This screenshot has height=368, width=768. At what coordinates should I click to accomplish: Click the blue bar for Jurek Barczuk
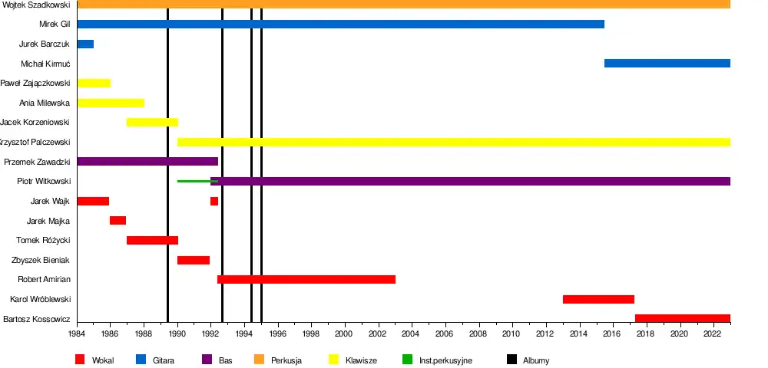point(85,44)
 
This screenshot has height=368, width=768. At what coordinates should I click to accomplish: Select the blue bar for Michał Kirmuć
point(667,63)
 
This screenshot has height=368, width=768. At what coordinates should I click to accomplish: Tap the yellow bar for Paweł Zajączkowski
point(94,83)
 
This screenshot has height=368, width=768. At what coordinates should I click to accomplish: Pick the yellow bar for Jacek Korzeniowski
point(152,122)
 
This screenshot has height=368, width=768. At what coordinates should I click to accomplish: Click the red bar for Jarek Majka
point(118,221)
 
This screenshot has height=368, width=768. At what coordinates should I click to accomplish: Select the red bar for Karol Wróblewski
point(598,299)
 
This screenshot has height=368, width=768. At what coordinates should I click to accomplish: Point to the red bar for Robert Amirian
point(306,279)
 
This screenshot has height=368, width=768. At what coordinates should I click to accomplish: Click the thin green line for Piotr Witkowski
point(194,181)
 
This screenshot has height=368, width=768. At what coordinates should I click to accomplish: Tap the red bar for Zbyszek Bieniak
point(194,260)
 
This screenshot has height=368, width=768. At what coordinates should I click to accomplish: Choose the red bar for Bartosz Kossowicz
point(682,318)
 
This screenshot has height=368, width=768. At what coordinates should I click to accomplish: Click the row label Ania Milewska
point(45,103)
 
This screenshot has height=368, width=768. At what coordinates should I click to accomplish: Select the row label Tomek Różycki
point(43,240)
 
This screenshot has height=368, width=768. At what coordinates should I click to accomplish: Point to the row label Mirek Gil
point(55,24)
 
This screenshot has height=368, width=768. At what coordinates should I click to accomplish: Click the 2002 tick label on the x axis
point(377,334)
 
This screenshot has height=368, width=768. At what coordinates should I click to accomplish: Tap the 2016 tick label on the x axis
point(612,334)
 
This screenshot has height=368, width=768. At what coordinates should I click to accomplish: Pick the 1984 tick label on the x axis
point(77,334)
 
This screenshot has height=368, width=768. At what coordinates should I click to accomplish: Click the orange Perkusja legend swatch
point(259,360)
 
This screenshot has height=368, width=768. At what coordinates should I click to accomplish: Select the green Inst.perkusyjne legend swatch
point(407,360)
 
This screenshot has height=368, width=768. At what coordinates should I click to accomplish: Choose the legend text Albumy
point(536,360)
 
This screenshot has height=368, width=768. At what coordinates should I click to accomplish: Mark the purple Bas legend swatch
point(207,360)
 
